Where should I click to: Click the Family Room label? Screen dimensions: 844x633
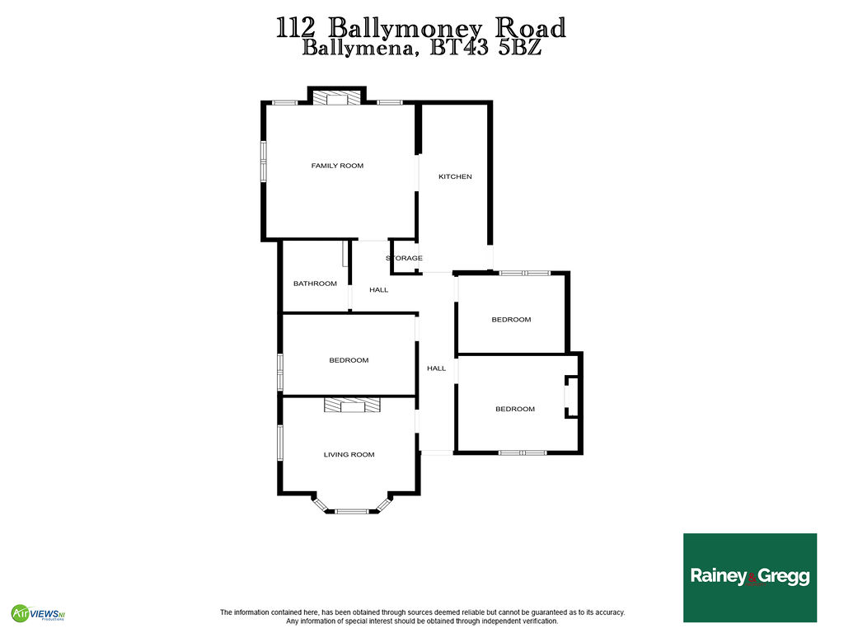click(x=337, y=166)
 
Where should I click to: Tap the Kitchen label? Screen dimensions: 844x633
click(x=455, y=176)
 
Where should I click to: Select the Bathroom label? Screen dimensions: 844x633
click(x=315, y=284)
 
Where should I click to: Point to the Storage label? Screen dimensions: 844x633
click(x=404, y=258)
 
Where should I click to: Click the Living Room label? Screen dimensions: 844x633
click(x=349, y=455)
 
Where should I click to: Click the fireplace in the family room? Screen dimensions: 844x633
click(x=337, y=97)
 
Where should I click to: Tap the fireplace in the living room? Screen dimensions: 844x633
click(x=352, y=406)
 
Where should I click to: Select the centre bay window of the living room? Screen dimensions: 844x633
click(x=352, y=511)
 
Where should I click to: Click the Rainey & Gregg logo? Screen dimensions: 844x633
click(x=750, y=578)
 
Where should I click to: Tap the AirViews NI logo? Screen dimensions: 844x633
click(x=38, y=613)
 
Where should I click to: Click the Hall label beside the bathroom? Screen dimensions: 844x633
click(x=378, y=290)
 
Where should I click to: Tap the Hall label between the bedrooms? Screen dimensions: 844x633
click(x=436, y=368)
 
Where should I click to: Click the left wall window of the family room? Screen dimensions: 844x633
click(x=264, y=161)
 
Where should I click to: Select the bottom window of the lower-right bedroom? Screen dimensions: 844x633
click(x=522, y=453)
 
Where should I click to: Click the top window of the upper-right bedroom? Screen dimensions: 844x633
click(x=524, y=274)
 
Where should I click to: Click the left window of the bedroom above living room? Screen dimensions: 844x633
click(x=280, y=372)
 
